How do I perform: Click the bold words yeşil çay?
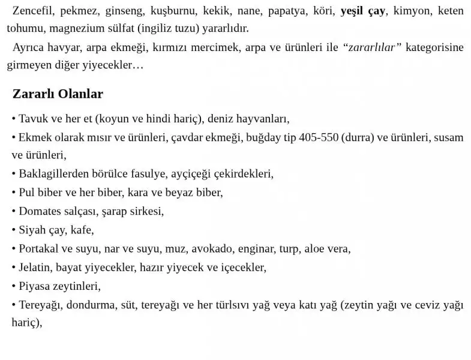pos(362,11)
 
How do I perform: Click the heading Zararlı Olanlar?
pos(58,94)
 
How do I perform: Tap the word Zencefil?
pos(32,11)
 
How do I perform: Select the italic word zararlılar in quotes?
pos(371,48)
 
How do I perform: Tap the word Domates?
pos(39,212)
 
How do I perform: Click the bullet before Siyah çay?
pos(14,230)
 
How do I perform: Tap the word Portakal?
pos(39,249)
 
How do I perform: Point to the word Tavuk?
pos(33,119)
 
